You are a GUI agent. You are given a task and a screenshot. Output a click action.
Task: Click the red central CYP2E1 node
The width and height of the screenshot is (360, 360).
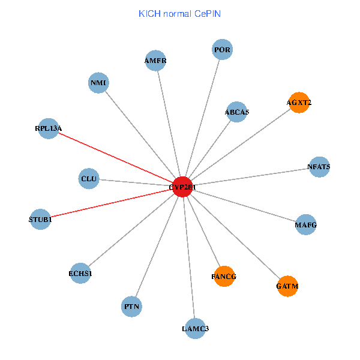pos(182,187)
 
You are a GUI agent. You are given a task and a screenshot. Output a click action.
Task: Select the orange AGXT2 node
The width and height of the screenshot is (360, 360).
pos(299,103)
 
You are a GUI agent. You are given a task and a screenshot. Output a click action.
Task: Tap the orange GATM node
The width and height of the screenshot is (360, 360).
pos(287,286)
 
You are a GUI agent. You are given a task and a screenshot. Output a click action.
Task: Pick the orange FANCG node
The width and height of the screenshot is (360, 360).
pos(224,276)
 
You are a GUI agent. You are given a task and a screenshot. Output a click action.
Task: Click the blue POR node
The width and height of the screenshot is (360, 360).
pos(222,49)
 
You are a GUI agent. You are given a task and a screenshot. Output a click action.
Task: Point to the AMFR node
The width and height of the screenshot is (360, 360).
pos(155,61)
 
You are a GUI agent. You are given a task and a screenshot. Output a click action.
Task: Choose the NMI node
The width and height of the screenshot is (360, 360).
pos(98,83)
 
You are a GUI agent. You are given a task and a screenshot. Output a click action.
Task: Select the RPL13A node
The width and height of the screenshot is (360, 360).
pos(49,128)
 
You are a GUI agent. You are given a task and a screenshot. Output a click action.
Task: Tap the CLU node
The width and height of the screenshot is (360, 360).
pos(89,178)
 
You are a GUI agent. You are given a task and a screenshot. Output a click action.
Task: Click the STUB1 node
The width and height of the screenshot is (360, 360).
pos(40,219)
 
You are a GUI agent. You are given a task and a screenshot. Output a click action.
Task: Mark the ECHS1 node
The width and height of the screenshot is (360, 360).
pos(80,274)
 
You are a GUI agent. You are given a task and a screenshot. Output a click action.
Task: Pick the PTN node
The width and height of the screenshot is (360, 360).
pos(131,307)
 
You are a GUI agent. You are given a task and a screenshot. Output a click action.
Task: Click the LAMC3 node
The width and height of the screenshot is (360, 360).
pos(195,328)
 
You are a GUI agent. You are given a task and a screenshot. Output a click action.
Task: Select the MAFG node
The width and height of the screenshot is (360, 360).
pos(305,225)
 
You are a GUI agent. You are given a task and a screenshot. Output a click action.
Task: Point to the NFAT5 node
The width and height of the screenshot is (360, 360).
pos(319,167)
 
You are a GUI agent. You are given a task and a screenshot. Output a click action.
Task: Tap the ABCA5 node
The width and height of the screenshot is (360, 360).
pos(237,112)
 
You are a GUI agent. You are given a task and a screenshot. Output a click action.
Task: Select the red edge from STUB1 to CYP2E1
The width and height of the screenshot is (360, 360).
pos(111,203)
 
